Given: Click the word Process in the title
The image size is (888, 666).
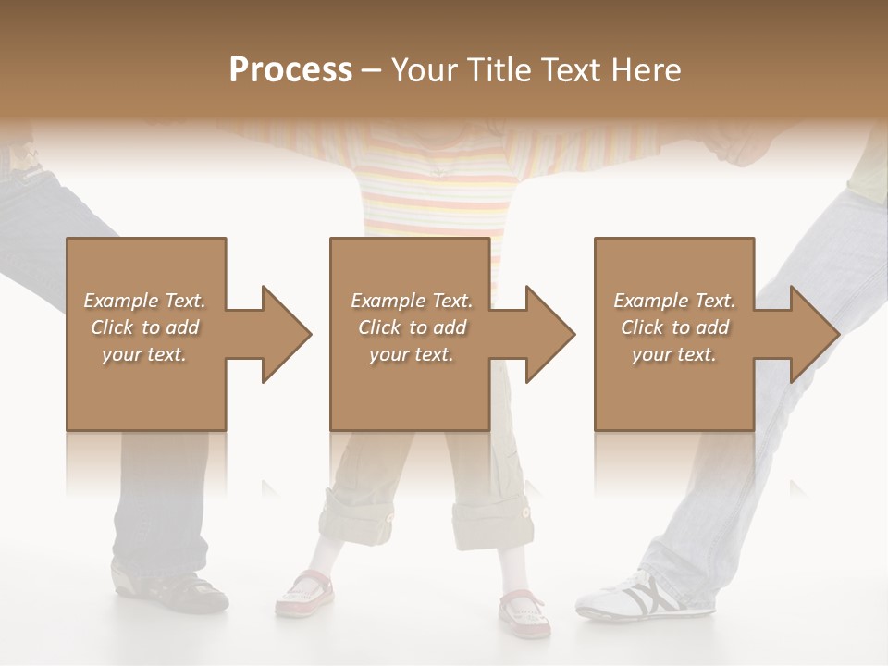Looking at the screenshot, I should pos(290,70).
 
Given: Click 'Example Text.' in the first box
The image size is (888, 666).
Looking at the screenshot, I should pos(144,301).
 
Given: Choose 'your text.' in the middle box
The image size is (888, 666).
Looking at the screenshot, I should pos(411,354).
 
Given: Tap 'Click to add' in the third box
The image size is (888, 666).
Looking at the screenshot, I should pos(675,327).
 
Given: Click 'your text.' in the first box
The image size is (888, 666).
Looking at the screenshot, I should pos(144,354).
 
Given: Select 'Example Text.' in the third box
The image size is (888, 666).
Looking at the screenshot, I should pos(674,301).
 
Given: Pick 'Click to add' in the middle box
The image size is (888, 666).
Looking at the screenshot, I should pos(412,327).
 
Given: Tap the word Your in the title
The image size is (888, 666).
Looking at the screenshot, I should pos(425,70).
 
